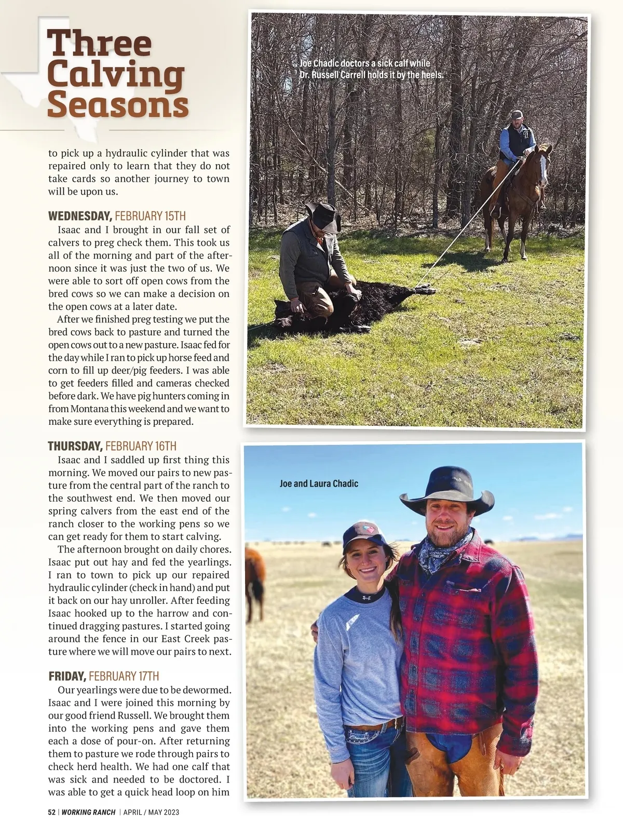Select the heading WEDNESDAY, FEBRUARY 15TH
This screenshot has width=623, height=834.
point(117,216)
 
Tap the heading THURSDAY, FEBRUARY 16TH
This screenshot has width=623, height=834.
point(112,446)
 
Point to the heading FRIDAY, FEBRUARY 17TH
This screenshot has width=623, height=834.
point(104,676)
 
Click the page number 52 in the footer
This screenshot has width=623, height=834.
point(51,812)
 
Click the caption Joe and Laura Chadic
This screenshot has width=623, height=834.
point(319,483)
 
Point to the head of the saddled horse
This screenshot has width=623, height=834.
point(543,164)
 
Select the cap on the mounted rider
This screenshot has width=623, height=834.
point(517,114)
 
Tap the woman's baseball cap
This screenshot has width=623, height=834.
point(363,535)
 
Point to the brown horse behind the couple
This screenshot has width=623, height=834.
point(254,582)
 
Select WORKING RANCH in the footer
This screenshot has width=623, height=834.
point(88,812)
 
